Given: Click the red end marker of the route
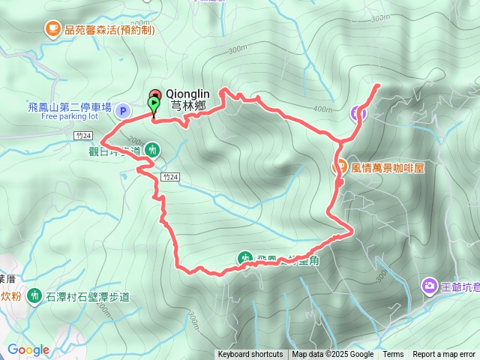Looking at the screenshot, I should click(155, 94).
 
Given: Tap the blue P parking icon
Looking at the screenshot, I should click(124, 112).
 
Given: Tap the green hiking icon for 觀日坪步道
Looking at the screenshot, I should click(152, 149).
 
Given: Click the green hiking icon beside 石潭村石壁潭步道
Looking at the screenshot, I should click(34, 296).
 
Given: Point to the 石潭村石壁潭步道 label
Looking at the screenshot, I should click(87, 297).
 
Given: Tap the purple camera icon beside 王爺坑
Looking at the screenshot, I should click(429, 285).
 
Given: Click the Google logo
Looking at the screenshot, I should click(28, 349).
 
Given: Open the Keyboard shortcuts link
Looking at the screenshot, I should click(250, 355).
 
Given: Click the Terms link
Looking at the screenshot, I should click(393, 355).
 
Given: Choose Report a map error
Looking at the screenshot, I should click(445, 355).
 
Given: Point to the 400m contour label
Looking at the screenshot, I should click(323, 109).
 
